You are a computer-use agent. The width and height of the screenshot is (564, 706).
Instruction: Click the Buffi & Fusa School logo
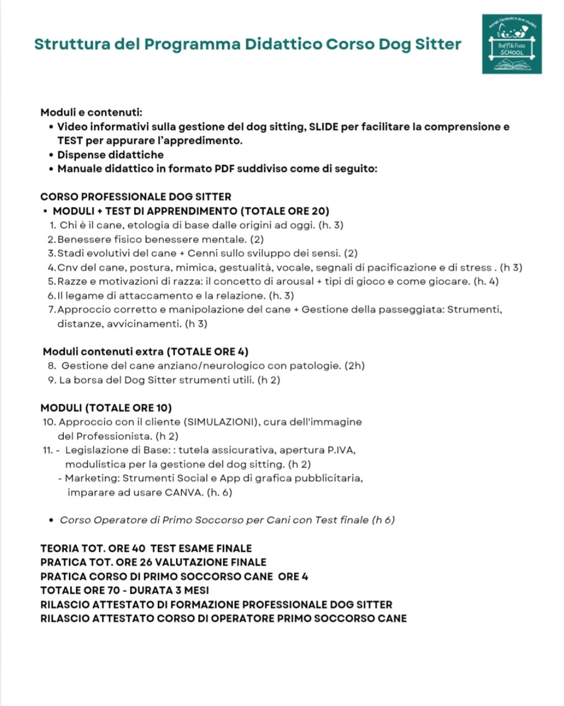(511, 44)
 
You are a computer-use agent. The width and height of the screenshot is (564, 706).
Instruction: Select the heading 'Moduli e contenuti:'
(91, 112)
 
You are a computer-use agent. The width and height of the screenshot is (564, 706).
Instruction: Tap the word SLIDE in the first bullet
(323, 127)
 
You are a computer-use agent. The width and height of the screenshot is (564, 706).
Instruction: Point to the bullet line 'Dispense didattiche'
(110, 155)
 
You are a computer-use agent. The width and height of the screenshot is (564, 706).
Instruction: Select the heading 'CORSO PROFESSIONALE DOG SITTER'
(136, 197)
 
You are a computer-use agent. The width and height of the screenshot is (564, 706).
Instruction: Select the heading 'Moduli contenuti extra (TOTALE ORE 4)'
(146, 352)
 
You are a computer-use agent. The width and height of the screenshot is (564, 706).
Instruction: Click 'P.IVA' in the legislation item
(341, 450)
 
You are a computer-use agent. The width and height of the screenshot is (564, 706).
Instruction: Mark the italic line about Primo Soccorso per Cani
(227, 520)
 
